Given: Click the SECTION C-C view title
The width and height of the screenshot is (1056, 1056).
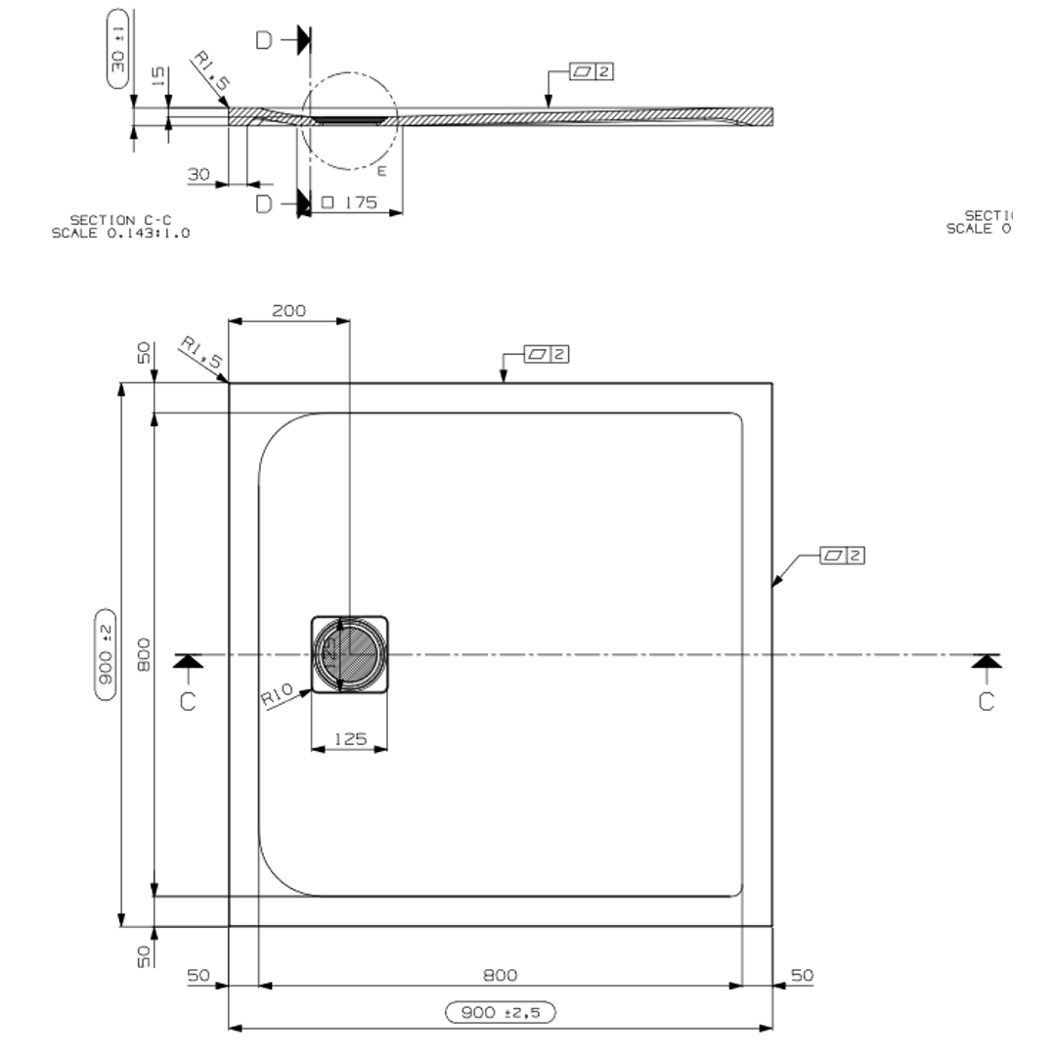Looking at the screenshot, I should [x=120, y=220].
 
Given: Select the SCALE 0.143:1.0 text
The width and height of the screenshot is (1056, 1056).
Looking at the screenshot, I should [x=120, y=233].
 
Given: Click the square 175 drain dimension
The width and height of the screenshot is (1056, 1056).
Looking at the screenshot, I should [x=349, y=202].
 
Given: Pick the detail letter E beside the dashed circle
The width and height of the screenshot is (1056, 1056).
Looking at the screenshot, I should [x=382, y=171].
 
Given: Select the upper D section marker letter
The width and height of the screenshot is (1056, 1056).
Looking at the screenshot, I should [x=264, y=41].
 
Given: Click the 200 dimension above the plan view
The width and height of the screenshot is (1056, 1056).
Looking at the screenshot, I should [x=288, y=311].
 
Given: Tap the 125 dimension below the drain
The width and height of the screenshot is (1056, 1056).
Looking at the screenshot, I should [x=350, y=739].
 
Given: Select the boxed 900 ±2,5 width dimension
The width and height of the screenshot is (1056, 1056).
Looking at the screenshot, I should [x=501, y=1012].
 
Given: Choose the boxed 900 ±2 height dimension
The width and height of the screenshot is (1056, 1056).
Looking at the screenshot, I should [x=107, y=654].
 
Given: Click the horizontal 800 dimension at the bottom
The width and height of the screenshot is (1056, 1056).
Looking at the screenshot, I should [x=501, y=975].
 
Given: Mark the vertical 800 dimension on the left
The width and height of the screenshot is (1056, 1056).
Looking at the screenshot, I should [x=144, y=654].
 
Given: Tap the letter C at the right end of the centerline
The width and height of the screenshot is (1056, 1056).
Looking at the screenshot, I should [x=986, y=701].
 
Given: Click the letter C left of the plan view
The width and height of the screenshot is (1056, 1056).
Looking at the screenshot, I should [x=188, y=701].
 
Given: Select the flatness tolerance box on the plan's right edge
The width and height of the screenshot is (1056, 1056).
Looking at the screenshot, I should [x=844, y=555].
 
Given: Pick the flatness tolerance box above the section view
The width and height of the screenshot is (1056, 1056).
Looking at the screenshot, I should [x=593, y=71].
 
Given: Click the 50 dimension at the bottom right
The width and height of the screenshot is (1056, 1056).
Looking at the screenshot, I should [x=802, y=975].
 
